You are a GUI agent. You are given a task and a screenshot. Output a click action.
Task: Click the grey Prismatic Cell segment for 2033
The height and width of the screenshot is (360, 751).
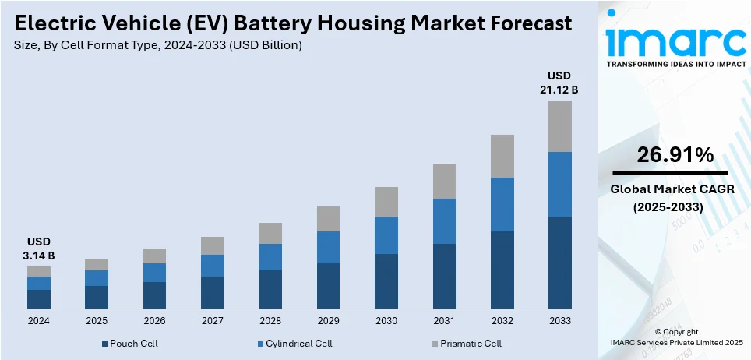[559, 126]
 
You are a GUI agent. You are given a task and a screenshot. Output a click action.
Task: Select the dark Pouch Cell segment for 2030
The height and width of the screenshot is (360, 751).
[386, 281]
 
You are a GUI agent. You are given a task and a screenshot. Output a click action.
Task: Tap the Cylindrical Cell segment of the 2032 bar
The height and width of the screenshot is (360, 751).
[502, 204]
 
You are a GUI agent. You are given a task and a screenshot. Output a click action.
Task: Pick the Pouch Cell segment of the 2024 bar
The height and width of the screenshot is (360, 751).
[39, 299]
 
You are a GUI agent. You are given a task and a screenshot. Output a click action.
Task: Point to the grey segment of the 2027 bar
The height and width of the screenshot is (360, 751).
[212, 245]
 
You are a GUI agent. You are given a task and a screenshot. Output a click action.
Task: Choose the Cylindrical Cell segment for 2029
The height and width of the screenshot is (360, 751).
[328, 247]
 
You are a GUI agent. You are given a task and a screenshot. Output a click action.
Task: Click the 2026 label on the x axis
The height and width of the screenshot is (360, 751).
[154, 321]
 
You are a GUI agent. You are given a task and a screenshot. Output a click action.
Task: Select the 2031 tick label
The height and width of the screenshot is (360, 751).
[444, 321]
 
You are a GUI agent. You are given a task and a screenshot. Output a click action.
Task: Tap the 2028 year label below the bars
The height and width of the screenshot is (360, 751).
[270, 321]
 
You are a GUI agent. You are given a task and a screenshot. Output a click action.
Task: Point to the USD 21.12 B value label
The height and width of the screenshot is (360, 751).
[559, 83]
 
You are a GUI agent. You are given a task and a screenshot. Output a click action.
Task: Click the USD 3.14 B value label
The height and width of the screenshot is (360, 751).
[39, 249]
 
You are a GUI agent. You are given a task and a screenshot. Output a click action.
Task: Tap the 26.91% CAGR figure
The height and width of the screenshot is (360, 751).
[675, 155]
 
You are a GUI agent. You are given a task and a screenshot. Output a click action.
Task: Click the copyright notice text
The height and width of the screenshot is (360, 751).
[676, 337]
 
